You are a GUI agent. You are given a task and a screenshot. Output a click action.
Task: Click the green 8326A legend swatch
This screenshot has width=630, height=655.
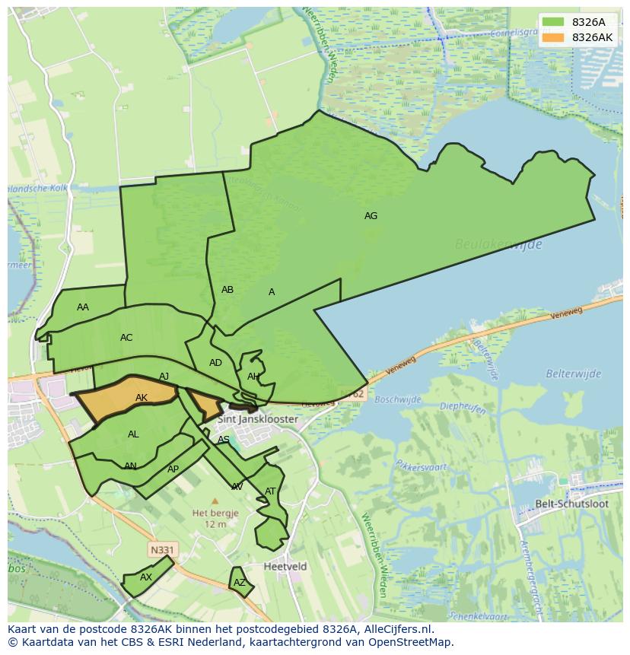554,22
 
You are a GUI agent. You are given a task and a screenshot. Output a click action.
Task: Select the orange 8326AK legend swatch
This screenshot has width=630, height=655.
554,37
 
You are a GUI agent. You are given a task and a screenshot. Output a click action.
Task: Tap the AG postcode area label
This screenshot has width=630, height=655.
371,216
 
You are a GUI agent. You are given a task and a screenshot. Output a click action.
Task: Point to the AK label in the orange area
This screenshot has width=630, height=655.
142,398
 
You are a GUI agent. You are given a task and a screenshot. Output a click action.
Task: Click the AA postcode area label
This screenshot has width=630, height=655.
83,307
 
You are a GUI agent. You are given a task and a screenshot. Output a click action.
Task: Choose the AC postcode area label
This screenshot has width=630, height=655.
126,338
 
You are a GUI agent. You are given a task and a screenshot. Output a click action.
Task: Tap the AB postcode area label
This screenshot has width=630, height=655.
228,290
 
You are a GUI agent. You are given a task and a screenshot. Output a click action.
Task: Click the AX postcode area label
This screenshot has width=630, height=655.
146,577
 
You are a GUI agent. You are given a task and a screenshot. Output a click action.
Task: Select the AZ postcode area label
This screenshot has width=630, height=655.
240,583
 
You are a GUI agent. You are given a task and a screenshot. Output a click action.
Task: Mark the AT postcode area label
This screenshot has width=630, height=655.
270,491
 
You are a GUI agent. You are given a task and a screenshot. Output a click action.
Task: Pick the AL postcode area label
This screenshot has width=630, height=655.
133,435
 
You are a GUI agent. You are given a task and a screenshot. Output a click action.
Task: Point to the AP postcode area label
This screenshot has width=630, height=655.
173,469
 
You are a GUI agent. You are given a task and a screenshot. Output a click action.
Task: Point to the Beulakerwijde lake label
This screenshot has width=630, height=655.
498,244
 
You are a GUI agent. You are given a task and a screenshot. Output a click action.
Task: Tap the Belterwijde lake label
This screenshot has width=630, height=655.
573,374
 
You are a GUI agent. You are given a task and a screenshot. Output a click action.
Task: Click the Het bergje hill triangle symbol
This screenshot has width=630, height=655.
215,501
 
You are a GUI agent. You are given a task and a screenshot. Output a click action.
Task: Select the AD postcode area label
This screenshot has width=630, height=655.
215,363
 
